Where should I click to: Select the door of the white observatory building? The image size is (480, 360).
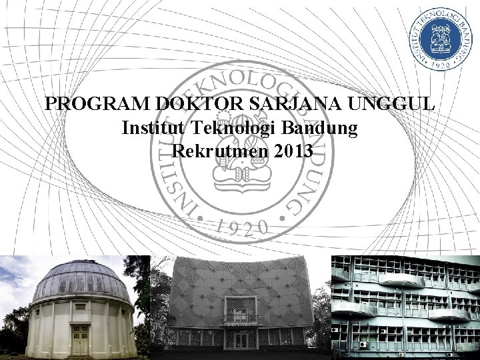coord(81,340)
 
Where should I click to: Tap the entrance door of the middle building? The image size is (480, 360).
coord(241,341)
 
